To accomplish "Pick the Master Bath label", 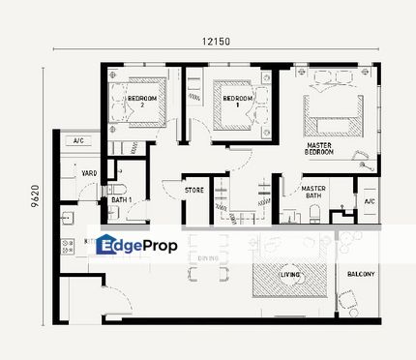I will coord(312,194).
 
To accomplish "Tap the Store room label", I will coord(193,191).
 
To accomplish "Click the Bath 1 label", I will coord(121,200).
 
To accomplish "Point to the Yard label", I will coord(88,173).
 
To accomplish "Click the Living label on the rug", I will coord(288,275).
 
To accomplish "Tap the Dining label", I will coord(208,259).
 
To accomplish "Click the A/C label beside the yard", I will coord(78,141).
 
